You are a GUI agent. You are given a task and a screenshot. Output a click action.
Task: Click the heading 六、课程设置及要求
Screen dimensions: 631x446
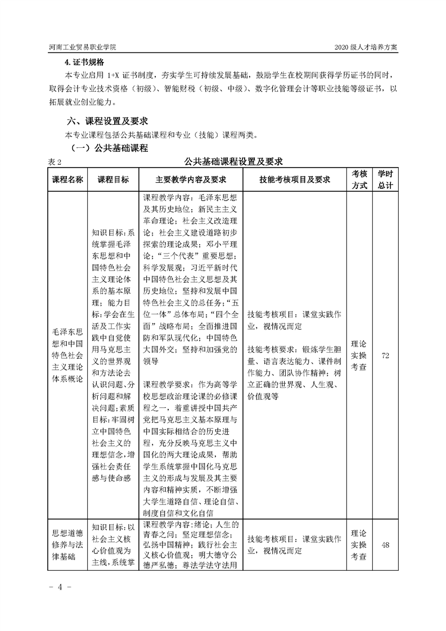point(107,121)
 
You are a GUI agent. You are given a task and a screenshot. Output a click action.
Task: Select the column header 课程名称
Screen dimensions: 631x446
point(67,179)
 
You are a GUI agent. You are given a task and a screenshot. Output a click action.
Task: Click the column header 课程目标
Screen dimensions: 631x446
point(112,179)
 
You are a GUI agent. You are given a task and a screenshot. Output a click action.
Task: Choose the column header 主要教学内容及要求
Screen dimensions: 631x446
point(191,179)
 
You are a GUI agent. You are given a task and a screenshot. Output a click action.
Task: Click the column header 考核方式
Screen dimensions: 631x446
point(359,179)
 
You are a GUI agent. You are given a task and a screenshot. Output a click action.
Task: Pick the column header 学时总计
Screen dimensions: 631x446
point(385,179)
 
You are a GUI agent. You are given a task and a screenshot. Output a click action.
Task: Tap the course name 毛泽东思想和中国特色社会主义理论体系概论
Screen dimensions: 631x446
point(67,355)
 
